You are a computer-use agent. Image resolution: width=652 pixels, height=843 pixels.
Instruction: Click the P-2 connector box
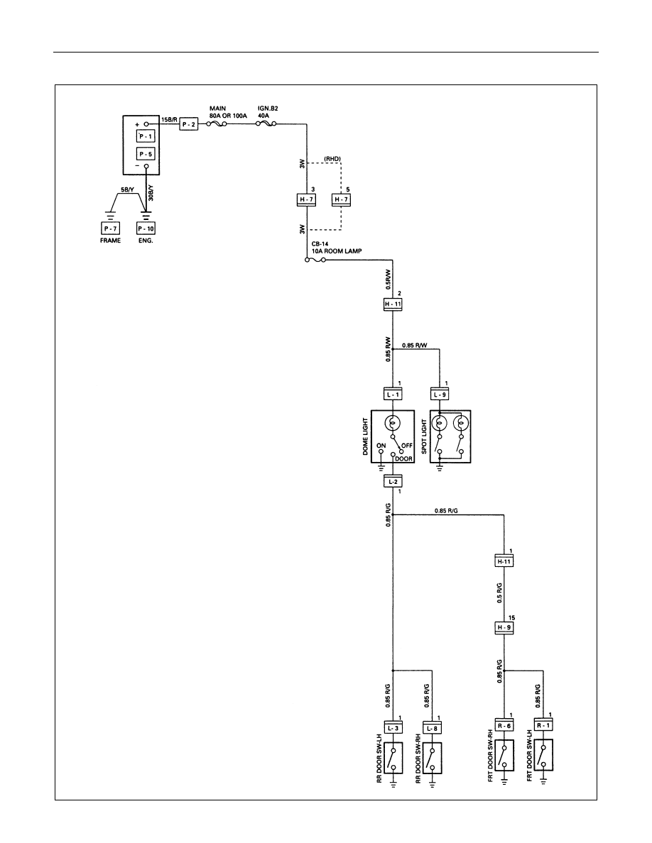[189, 124]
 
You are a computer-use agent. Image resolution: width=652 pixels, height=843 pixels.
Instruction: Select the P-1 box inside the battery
[146, 136]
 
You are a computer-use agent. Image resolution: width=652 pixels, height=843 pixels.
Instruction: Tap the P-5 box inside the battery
[146, 154]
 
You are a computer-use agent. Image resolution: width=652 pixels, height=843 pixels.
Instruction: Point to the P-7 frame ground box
[111, 228]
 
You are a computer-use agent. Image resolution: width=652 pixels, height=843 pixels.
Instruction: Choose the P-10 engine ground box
[146, 228]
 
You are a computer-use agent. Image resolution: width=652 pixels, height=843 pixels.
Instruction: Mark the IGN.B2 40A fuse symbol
[265, 124]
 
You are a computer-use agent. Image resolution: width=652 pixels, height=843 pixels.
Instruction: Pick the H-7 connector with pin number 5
[341, 199]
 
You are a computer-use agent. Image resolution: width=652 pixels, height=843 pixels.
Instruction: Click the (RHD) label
[332, 159]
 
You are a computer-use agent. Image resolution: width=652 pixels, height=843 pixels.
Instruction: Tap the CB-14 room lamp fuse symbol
[315, 260]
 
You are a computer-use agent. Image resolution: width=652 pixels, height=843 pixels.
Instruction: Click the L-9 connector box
[440, 394]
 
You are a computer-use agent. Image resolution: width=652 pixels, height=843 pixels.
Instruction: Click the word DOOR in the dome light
[404, 458]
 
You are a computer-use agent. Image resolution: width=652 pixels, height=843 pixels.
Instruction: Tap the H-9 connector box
[504, 627]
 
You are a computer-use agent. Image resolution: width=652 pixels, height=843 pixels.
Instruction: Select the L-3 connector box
[393, 728]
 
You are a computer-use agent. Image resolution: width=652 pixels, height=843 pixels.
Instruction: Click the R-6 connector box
[504, 725]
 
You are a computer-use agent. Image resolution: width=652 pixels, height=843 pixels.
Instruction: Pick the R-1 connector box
[543, 725]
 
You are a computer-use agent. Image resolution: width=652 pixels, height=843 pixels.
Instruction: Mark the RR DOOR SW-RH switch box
[432, 758]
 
